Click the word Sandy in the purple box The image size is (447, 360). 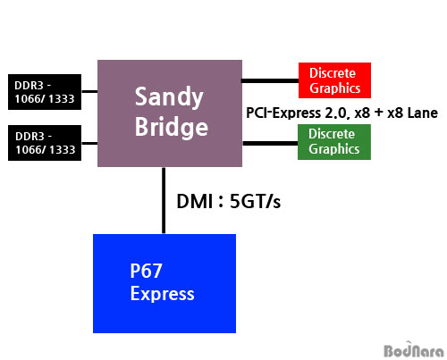coord(169,97)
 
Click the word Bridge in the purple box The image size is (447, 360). coord(172,127)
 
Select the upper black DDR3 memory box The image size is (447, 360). coord(45,92)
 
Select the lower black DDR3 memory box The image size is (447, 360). coord(45,143)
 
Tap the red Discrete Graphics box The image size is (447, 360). coord(334,80)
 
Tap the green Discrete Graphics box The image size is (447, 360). coord(334,142)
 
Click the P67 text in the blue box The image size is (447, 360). coord(146,271)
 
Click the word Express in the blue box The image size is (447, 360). coord(162,294)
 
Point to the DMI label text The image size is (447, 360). coord(195,201)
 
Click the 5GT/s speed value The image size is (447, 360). coord(255,201)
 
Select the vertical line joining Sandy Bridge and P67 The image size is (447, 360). coord(164,200)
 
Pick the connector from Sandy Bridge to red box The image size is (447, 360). coord(270,80)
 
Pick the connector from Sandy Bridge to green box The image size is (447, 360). coord(270,144)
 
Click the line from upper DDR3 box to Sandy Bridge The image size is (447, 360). coord(89,91)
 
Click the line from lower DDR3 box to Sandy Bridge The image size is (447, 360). coord(89,143)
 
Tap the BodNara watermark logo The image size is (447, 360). coord(414,349)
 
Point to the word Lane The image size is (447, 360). coord(423,113)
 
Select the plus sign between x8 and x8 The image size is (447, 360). coord(379,113)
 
